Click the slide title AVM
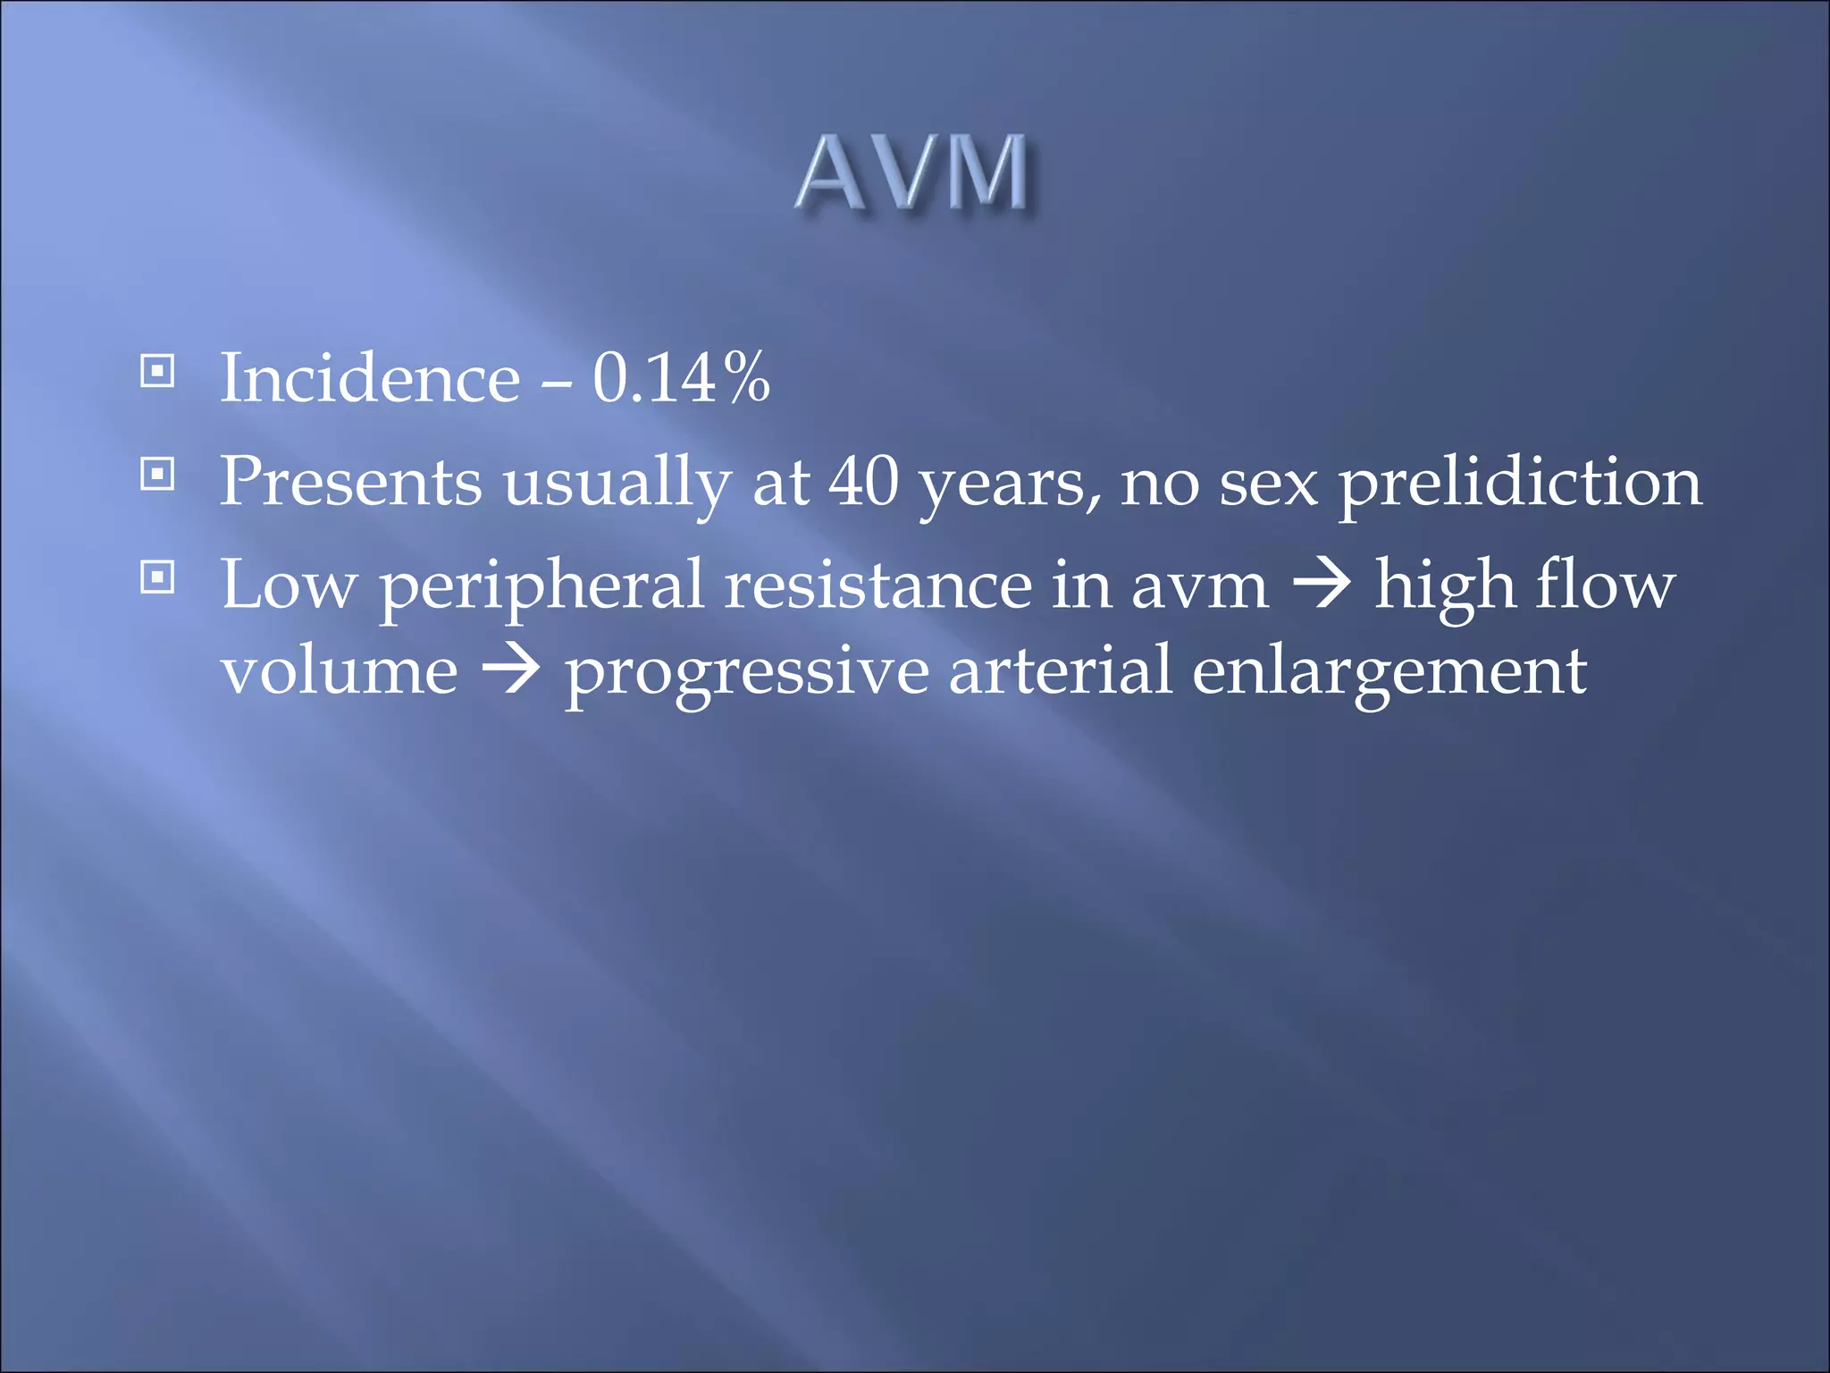[x=912, y=173]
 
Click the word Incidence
[x=370, y=378]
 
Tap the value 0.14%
[x=681, y=378]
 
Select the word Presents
[x=351, y=482]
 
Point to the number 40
[x=863, y=482]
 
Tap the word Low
[x=288, y=585]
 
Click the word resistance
[x=877, y=585]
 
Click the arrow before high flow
[x=1322, y=585]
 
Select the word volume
[x=340, y=670]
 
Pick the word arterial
[x=1060, y=670]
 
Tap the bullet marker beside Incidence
[x=157, y=370]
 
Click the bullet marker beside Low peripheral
[x=157, y=577]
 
